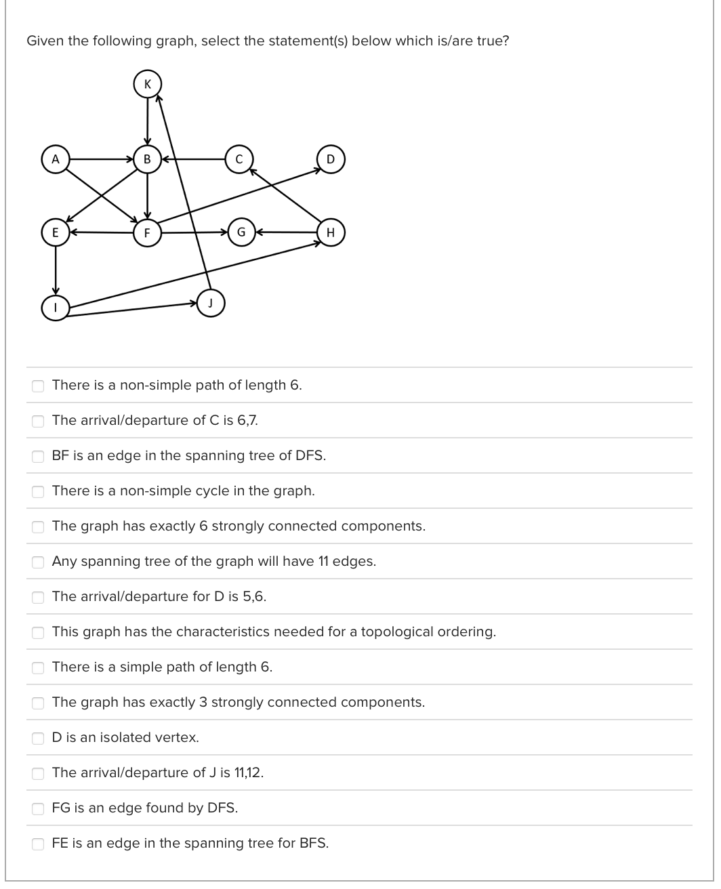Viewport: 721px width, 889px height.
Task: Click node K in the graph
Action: tap(148, 83)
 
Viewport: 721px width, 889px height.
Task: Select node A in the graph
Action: tap(56, 159)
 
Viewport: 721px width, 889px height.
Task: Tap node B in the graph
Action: tap(147, 159)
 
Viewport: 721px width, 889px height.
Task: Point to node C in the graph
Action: tap(239, 159)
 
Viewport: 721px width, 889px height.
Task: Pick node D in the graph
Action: tap(330, 159)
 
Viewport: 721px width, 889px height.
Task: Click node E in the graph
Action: tap(56, 232)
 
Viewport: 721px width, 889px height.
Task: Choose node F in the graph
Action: tap(147, 232)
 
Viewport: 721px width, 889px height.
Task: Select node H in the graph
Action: tap(330, 232)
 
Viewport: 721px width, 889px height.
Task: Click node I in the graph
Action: tap(56, 307)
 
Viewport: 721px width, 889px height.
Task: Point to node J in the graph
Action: tap(211, 303)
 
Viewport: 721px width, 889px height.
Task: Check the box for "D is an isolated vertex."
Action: tap(38, 737)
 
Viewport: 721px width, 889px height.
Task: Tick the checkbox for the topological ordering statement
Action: tap(38, 632)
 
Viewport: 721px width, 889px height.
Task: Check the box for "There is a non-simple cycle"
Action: tap(38, 491)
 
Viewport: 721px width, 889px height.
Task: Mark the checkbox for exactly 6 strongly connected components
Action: tap(38, 526)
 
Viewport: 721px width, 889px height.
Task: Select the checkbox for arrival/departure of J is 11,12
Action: tap(38, 772)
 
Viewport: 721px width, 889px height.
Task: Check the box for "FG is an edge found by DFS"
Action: tap(38, 808)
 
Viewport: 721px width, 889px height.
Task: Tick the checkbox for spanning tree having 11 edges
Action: tap(38, 561)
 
